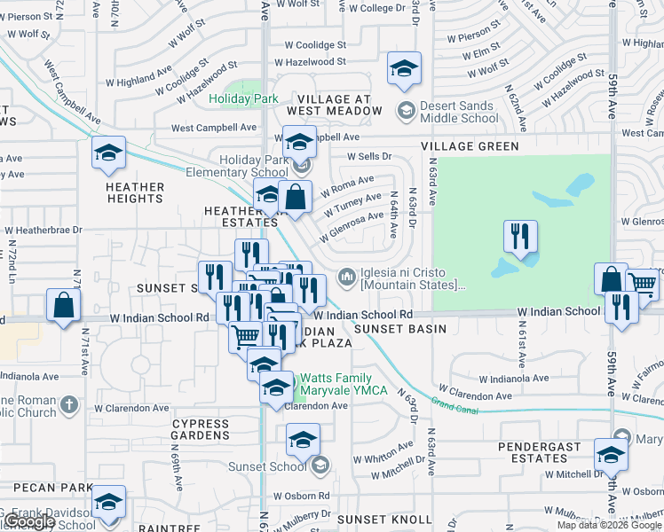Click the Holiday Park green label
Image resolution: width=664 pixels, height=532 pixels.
(x=244, y=99)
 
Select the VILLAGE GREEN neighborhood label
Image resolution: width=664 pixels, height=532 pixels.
(x=470, y=146)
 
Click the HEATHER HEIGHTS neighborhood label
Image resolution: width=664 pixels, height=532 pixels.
(x=135, y=192)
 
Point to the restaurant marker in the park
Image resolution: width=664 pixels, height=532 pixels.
(x=520, y=237)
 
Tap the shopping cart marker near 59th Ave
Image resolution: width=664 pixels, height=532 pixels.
(x=643, y=283)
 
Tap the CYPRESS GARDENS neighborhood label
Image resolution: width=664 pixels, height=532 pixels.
(x=201, y=430)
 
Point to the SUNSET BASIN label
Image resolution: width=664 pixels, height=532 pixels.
(x=391, y=329)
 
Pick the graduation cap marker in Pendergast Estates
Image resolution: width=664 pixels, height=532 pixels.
(x=611, y=455)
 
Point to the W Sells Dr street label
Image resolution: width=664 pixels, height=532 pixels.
(x=369, y=155)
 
